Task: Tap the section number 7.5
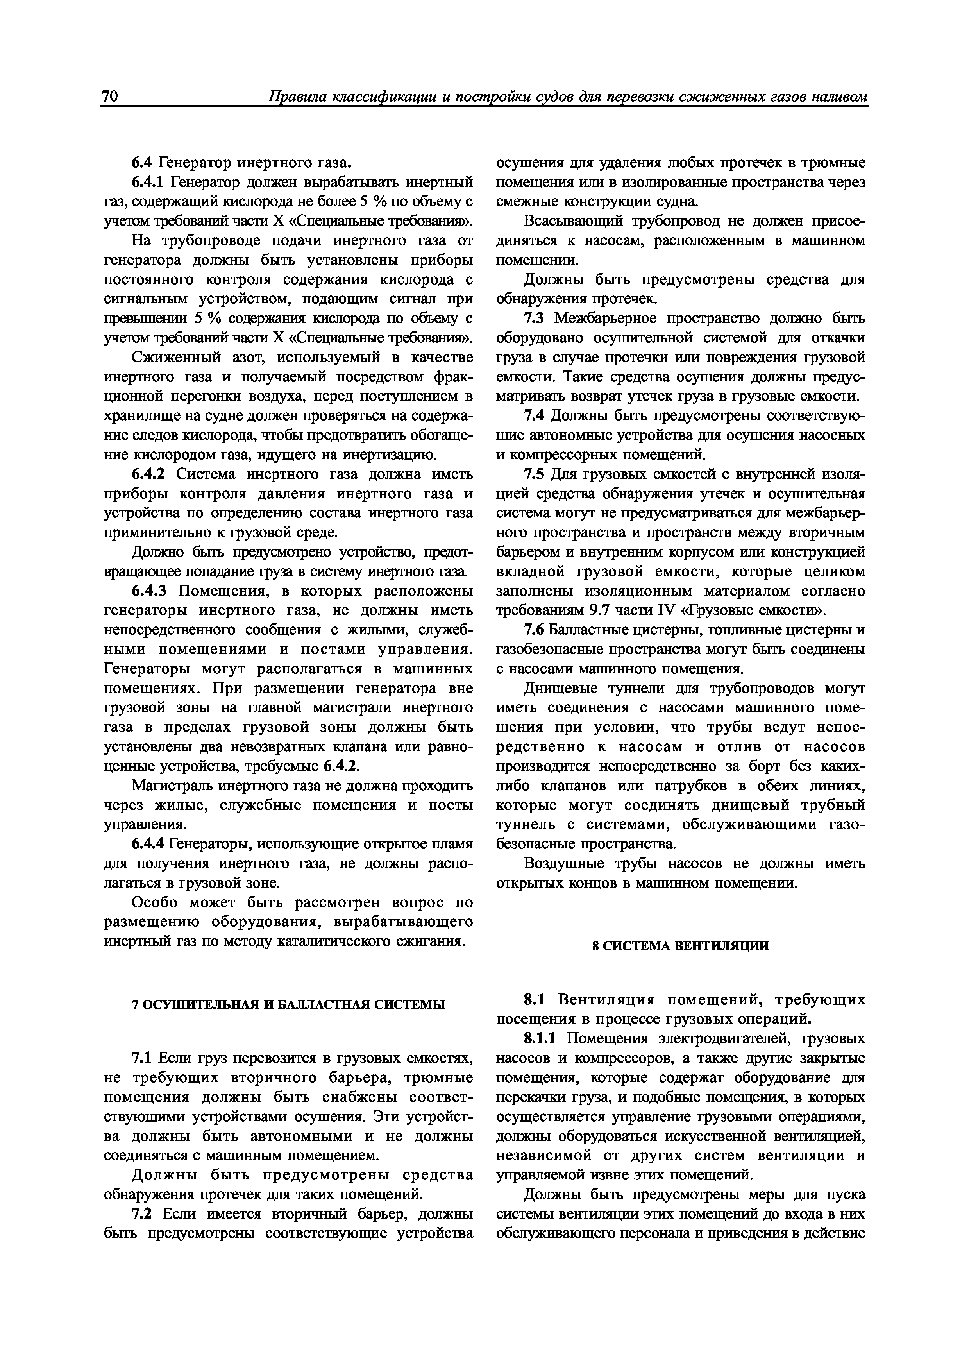[535, 475]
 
